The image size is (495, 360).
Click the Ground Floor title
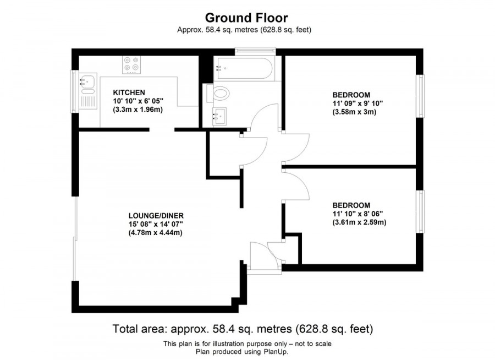(x=246, y=18)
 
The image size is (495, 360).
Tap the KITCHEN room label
(x=129, y=92)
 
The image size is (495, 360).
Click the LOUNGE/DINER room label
(x=156, y=215)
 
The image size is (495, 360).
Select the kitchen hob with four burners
(x=131, y=64)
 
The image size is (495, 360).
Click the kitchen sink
(x=87, y=83)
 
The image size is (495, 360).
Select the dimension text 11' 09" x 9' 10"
(x=358, y=103)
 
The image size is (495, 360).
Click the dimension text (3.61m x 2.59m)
(x=359, y=223)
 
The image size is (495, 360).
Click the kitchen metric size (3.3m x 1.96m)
(x=138, y=110)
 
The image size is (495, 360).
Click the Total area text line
(x=243, y=329)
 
